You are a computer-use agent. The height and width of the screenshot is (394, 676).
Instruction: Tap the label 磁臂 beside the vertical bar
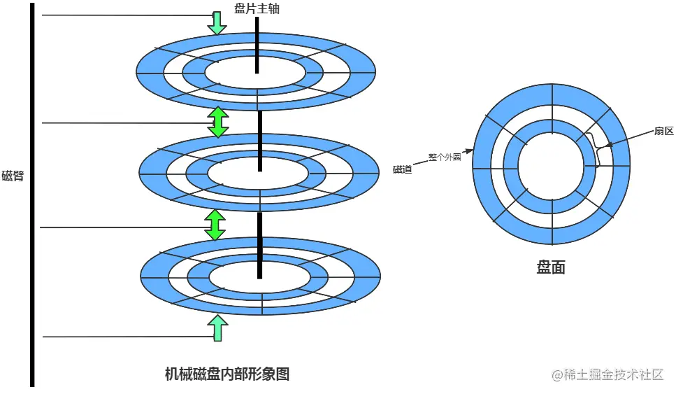13,176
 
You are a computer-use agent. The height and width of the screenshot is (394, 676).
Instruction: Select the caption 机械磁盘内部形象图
227,374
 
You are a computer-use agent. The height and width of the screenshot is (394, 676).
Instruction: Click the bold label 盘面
551,267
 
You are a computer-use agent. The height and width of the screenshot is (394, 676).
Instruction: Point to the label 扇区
663,131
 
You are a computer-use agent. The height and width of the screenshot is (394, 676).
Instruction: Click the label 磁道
402,169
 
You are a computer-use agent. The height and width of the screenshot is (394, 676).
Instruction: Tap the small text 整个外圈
445,157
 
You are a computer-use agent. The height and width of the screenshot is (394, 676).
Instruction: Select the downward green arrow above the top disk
217,23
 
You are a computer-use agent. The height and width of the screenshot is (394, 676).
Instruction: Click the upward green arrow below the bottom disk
218,328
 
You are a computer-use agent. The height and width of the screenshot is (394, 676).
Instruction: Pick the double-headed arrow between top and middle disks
218,122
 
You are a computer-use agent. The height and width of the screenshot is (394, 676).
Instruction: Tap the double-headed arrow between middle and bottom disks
215,225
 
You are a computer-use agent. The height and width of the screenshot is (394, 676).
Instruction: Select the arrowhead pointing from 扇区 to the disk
609,146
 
